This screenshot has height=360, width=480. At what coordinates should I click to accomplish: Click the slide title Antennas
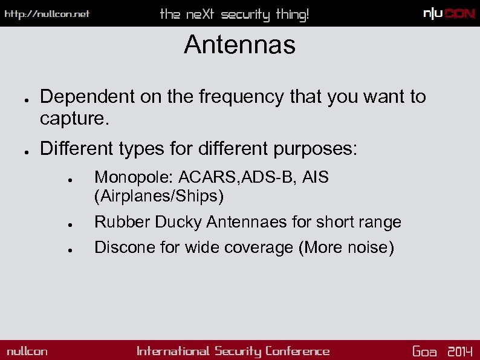click(x=239, y=45)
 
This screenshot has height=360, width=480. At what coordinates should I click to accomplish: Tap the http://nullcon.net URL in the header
click(x=47, y=14)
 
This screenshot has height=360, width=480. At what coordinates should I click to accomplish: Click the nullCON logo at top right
click(x=449, y=14)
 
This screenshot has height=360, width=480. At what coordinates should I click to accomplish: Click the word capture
click(x=74, y=119)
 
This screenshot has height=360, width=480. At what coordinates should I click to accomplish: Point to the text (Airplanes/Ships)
click(x=159, y=196)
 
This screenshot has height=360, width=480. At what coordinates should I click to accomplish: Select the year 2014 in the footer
click(x=460, y=352)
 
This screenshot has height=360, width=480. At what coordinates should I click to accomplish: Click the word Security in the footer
click(x=238, y=352)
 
